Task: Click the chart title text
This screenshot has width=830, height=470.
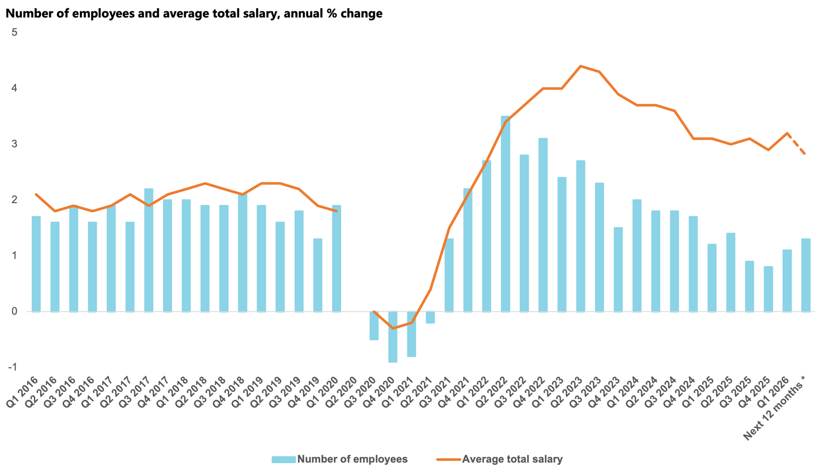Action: (x=194, y=14)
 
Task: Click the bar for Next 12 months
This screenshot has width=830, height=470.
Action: (x=806, y=275)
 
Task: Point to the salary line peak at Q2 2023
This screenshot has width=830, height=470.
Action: (x=580, y=66)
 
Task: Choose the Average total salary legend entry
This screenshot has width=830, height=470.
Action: (x=500, y=459)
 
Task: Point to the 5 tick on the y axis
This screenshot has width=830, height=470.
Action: (x=15, y=32)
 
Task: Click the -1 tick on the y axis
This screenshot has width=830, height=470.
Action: (x=12, y=367)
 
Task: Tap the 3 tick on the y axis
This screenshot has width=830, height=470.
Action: (x=15, y=144)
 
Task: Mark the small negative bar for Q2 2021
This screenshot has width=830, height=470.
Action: (x=430, y=317)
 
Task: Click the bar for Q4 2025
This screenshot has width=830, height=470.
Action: (x=768, y=289)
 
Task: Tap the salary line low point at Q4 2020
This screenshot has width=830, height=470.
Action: (x=393, y=328)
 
